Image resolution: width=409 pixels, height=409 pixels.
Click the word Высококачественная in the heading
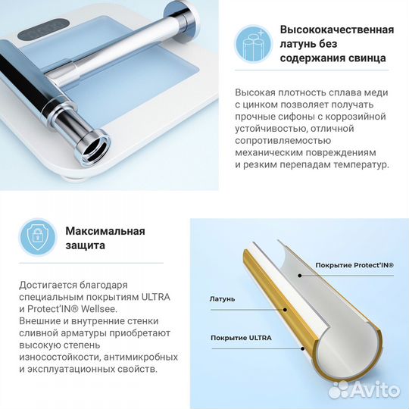337,29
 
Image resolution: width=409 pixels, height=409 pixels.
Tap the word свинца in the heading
361,58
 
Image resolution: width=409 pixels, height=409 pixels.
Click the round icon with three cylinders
251,43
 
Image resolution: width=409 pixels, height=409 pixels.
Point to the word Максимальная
105,231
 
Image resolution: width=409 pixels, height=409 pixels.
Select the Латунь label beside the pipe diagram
222,298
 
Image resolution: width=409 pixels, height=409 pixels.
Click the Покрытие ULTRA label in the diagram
241,336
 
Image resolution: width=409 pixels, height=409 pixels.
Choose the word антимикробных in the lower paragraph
133,356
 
